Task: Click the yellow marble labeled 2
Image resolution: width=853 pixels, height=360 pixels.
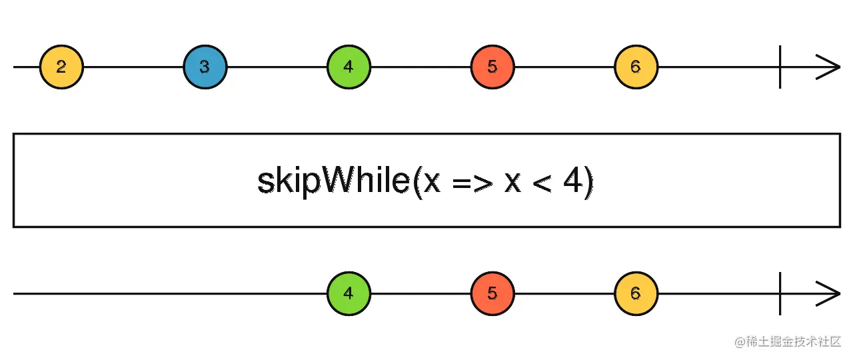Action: click(x=61, y=67)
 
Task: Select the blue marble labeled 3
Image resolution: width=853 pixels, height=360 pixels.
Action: click(x=205, y=67)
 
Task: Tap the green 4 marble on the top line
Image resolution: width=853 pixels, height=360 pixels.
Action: click(x=349, y=67)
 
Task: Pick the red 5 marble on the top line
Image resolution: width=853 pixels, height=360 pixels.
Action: click(x=492, y=67)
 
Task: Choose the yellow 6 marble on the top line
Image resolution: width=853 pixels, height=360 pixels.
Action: click(x=636, y=67)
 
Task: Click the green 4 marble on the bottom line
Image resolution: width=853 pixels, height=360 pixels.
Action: click(x=349, y=293)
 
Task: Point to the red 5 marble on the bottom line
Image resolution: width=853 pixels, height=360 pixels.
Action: click(x=492, y=293)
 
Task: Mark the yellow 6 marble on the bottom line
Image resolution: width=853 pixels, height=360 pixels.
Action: click(x=636, y=293)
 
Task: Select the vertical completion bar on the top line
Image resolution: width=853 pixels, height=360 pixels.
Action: click(x=780, y=67)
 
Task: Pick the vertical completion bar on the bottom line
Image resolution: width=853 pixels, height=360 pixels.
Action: click(x=780, y=293)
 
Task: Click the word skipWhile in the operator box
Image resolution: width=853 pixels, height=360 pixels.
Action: click(x=333, y=181)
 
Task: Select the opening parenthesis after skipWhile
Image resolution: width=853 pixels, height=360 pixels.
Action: click(x=417, y=182)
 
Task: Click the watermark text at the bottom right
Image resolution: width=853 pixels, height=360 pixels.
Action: click(x=788, y=342)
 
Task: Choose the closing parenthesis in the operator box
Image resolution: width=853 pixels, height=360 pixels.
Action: click(x=588, y=182)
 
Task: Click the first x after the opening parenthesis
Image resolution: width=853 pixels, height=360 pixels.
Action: click(x=432, y=183)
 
